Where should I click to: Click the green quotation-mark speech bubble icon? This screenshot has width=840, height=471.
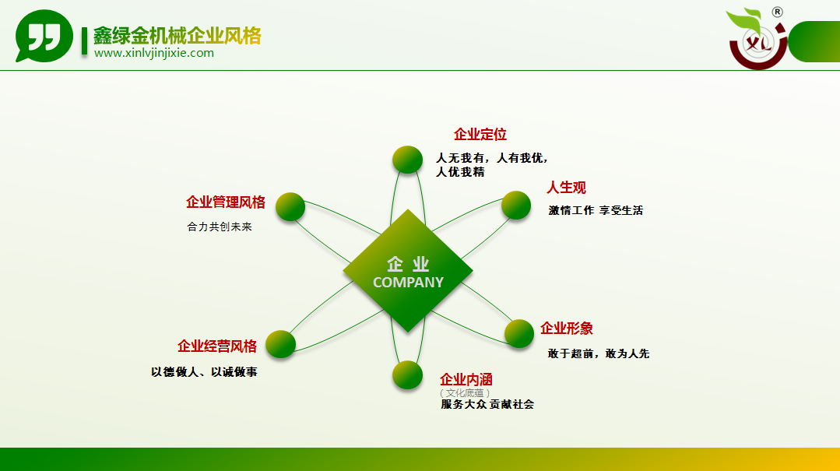click(x=44, y=36)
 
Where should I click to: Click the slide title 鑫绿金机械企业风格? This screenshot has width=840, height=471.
click(x=177, y=36)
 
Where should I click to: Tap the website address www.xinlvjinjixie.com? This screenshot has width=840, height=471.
click(x=153, y=53)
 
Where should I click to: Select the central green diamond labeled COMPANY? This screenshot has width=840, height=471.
click(x=408, y=271)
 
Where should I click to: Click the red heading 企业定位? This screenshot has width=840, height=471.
click(x=480, y=135)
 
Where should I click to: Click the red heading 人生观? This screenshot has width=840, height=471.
click(x=566, y=188)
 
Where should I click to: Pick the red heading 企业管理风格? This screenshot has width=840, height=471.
click(x=226, y=202)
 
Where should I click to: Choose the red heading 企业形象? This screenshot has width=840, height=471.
click(x=566, y=329)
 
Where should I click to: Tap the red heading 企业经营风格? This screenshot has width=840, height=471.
click(x=217, y=346)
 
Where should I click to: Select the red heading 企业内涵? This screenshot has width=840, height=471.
click(x=466, y=379)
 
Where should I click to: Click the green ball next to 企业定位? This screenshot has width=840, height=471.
click(x=407, y=160)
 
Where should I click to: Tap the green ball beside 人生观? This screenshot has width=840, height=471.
click(x=516, y=206)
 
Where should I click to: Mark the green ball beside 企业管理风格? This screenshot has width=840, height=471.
click(x=290, y=207)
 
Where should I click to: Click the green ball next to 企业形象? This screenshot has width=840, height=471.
click(x=519, y=333)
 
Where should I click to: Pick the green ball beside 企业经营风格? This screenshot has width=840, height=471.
click(x=281, y=344)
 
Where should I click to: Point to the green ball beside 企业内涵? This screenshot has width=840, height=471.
click(x=407, y=374)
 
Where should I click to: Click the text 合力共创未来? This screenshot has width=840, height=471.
click(x=219, y=227)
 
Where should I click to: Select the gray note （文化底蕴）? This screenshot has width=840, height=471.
click(x=465, y=393)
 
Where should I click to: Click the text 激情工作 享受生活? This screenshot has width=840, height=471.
click(x=596, y=210)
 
